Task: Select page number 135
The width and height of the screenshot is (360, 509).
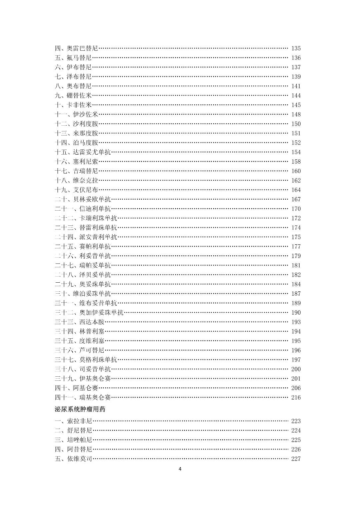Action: [296, 48]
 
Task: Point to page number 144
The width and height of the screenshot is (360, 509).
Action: [296, 96]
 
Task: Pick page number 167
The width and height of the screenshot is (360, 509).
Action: [296, 199]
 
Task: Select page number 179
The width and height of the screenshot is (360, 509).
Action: [296, 256]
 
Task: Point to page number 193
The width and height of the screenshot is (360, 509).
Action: [296, 322]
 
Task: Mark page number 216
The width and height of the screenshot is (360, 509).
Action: [296, 397]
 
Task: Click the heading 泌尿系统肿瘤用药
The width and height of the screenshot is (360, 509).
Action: [80, 409]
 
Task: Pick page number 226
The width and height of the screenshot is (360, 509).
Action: [296, 449]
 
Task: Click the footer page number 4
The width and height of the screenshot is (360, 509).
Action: [180, 469]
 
